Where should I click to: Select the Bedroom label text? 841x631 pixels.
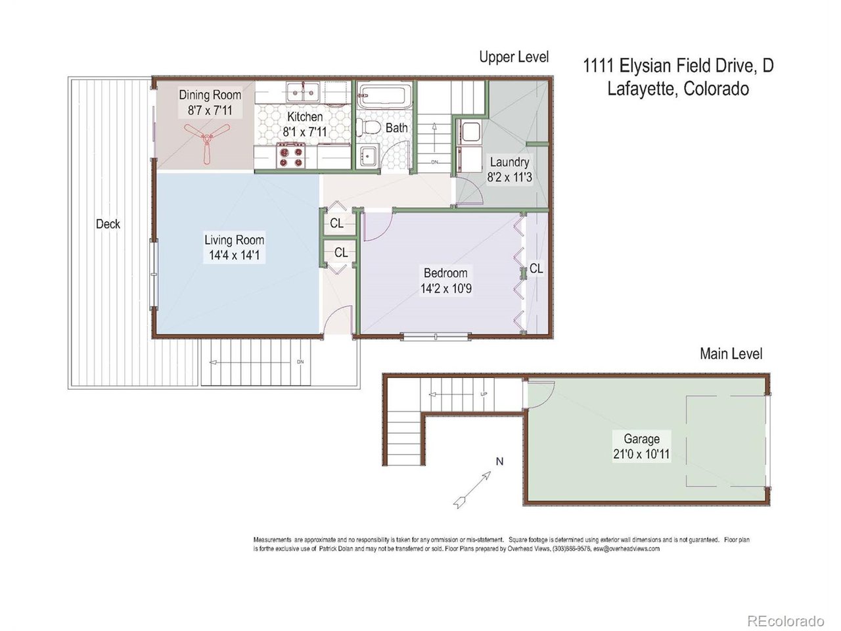445,273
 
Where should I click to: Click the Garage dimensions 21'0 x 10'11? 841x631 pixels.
641,454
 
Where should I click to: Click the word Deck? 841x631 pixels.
108,224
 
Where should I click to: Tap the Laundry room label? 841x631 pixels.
509,162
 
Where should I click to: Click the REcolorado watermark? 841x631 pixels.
785,620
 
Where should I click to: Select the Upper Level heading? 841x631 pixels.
513,57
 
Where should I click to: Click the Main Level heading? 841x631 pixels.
731,354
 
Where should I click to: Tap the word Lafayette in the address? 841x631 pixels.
640,89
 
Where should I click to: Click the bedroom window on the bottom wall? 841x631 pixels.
436,337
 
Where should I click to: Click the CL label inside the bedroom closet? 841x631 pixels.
536,268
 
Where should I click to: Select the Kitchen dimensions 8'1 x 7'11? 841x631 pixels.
305,131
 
